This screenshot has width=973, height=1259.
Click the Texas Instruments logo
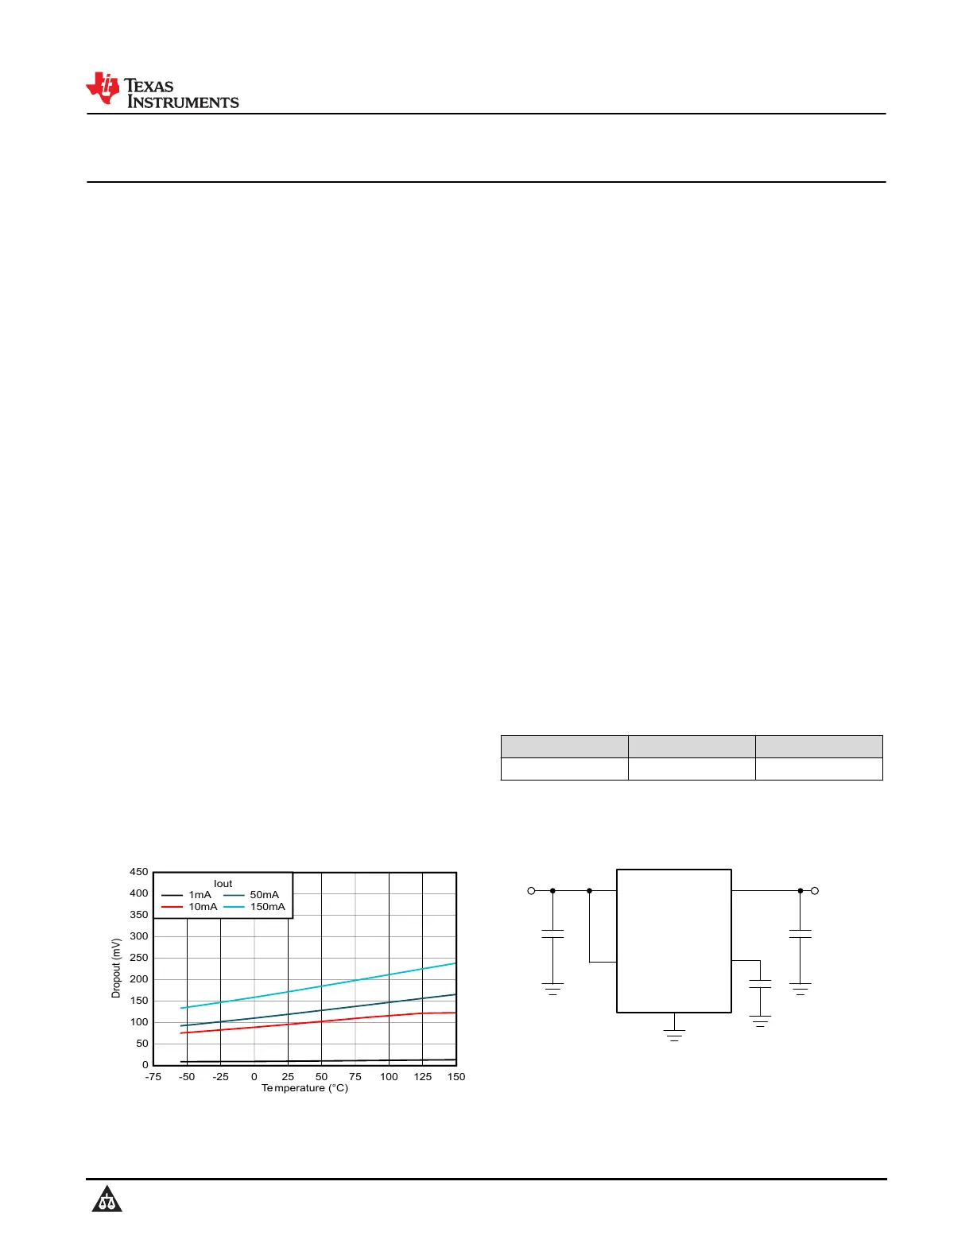[x=162, y=90]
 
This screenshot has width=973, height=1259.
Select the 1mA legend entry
[x=186, y=894]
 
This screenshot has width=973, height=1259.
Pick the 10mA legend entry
[x=189, y=906]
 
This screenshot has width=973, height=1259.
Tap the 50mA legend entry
[x=251, y=894]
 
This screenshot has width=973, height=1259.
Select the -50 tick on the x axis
[x=187, y=1076]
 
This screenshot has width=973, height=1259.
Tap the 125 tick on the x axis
[x=422, y=1076]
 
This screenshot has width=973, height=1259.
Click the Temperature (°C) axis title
[x=304, y=1088]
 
